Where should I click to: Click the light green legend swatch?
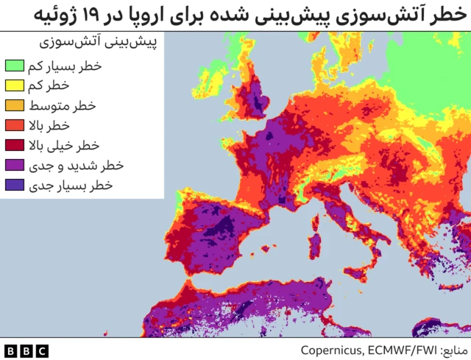click(13, 67)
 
